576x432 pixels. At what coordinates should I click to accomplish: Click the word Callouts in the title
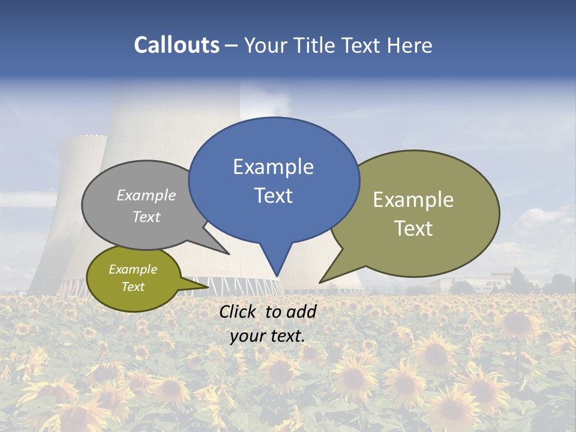click(x=176, y=45)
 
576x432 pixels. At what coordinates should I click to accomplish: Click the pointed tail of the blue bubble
click(x=277, y=273)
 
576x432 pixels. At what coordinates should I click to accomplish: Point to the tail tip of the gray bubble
click(x=228, y=254)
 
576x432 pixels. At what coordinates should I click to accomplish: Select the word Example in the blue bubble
click(x=273, y=167)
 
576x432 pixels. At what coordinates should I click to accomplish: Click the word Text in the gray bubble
click(x=146, y=217)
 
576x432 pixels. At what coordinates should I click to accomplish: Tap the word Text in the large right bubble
click(x=413, y=229)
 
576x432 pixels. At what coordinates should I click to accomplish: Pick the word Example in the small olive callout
click(x=133, y=269)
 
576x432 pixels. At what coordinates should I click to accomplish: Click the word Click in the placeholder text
click(x=238, y=311)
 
